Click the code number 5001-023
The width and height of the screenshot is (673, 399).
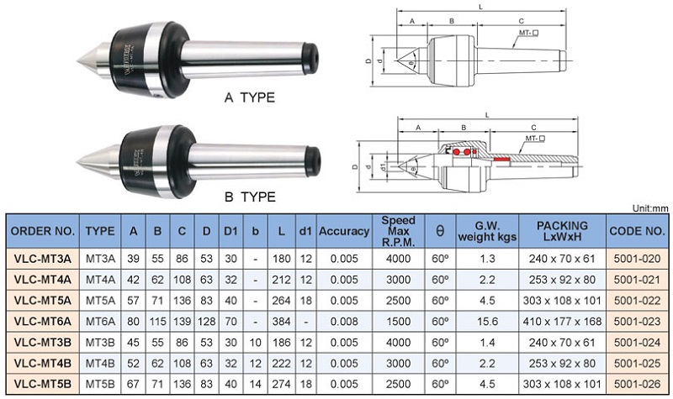[x=637, y=321]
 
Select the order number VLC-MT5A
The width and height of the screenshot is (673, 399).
[x=44, y=299]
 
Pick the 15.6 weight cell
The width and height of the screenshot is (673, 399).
[x=487, y=321]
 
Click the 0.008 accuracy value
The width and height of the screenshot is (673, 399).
[x=344, y=321]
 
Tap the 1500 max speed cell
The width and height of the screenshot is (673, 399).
[x=398, y=321]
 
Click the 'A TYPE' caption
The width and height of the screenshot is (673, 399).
[x=249, y=98]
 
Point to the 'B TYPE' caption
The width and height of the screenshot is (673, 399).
[x=249, y=197]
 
